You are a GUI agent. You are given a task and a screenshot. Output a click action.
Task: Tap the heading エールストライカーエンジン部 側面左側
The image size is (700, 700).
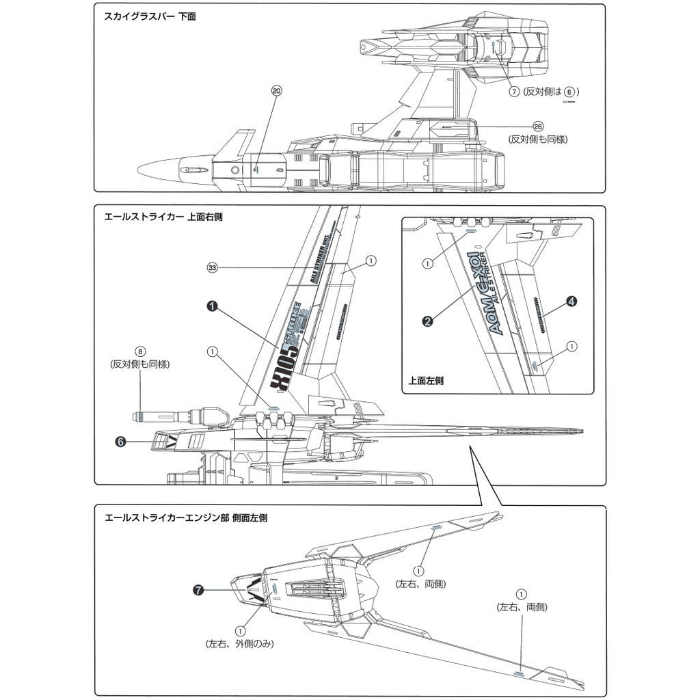point(184,517)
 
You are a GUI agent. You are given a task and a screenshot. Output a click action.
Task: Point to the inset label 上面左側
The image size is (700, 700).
point(425,381)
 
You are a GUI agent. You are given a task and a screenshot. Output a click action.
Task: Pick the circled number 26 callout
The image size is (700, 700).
point(538,127)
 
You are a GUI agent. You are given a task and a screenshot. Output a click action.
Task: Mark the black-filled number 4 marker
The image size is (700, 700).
point(571,300)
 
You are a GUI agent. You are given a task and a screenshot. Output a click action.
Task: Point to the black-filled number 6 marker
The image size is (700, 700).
point(120,442)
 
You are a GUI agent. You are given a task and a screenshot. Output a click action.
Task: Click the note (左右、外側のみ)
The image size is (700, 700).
point(239,644)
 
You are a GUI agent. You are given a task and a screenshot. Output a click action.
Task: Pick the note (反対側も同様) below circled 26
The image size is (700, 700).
point(538,139)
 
